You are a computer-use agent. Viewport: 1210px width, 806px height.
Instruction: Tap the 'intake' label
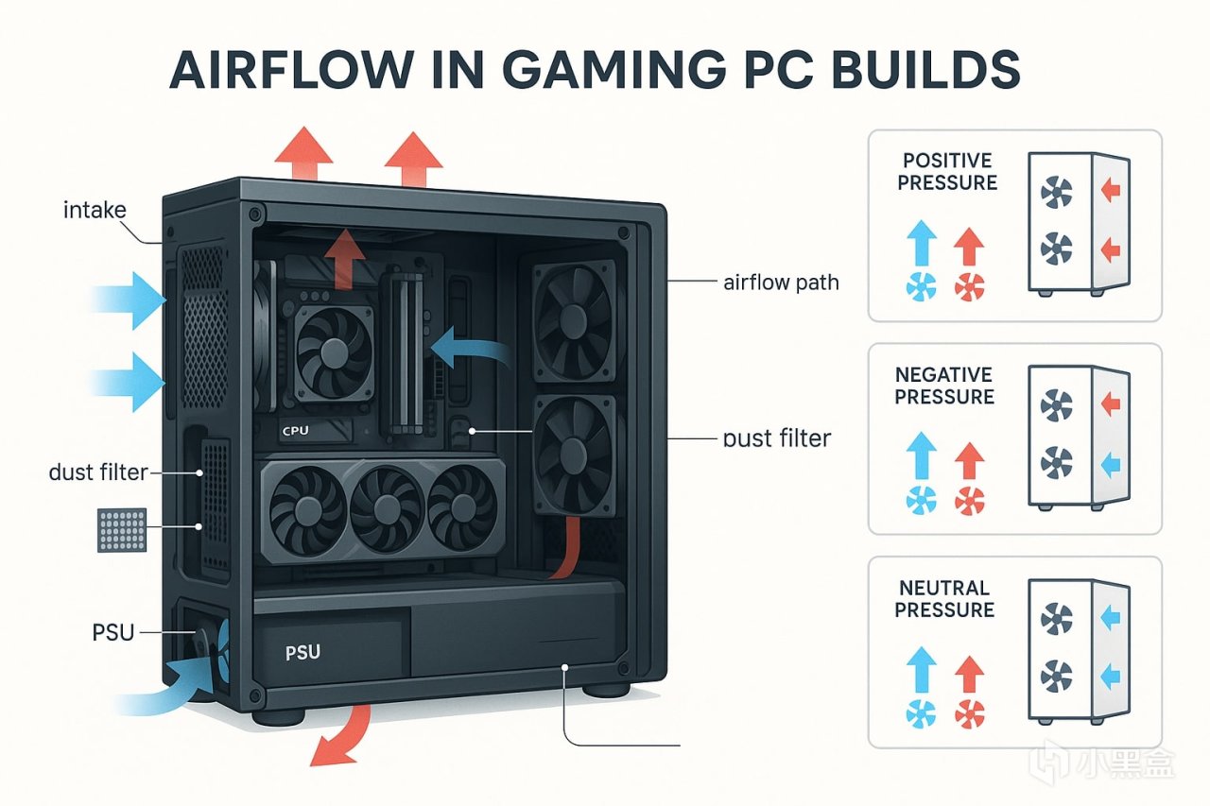click(95, 210)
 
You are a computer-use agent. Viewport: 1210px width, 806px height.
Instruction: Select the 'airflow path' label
click(780, 282)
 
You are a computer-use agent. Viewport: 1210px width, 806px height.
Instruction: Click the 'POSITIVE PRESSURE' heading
click(947, 170)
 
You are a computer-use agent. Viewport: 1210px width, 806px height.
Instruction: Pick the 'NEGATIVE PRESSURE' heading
click(944, 385)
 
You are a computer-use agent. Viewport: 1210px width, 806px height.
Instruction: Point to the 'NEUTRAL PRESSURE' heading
click(944, 599)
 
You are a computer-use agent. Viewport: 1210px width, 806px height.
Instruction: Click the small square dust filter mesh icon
click(122, 530)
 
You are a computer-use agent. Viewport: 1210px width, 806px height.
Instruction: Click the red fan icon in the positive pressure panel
click(969, 287)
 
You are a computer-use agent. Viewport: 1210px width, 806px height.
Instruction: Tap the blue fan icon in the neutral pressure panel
click(921, 712)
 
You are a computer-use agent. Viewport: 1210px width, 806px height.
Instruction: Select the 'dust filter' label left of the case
click(98, 471)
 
